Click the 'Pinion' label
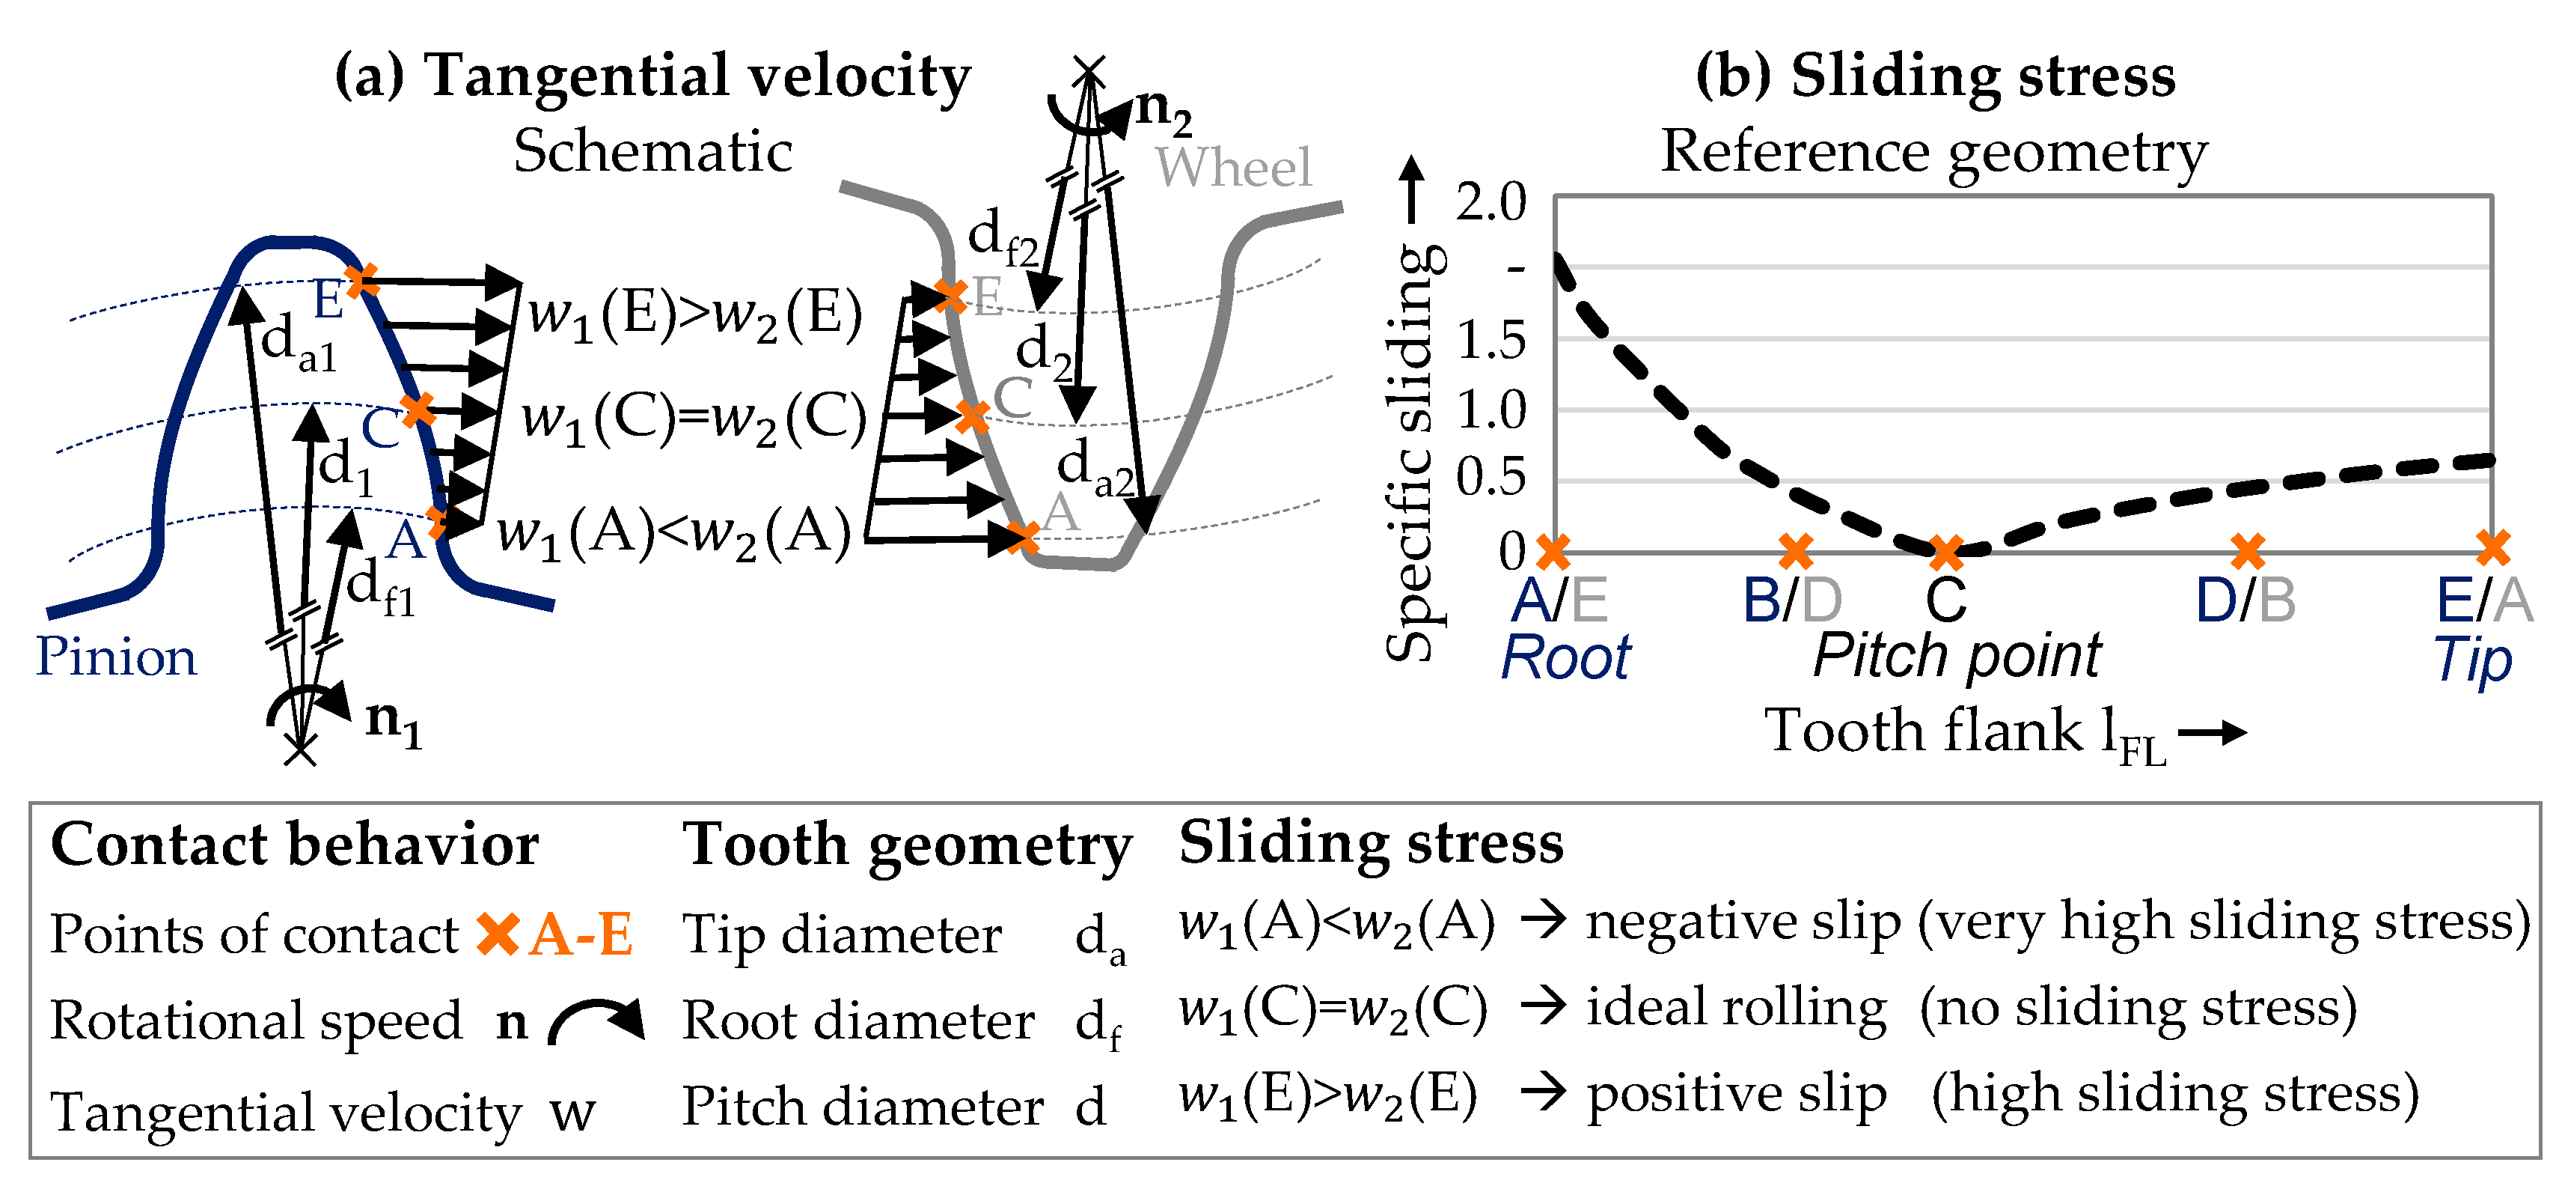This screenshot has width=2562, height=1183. [x=117, y=657]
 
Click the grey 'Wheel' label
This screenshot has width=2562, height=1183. [x=1232, y=166]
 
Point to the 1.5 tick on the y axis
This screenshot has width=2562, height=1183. [x=1490, y=341]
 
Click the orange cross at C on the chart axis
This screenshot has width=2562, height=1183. [x=1946, y=550]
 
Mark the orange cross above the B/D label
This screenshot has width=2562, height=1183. [x=1795, y=550]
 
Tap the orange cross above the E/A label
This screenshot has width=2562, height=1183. [x=2492, y=547]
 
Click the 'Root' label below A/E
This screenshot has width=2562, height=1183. [x=1565, y=657]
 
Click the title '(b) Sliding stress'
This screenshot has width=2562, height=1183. [x=1934, y=76]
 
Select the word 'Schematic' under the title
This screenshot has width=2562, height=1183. [x=652, y=151]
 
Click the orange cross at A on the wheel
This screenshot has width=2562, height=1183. [x=1022, y=538]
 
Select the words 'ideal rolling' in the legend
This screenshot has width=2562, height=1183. [x=1735, y=1008]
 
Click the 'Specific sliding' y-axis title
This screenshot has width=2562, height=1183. [x=1412, y=453]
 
